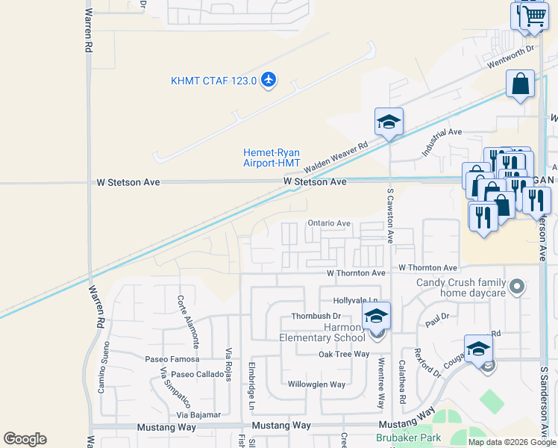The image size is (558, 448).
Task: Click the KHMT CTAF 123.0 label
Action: tap(213, 81)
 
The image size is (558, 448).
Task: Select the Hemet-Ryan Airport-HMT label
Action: tap(272, 158)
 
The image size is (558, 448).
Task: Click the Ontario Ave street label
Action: tap(329, 223)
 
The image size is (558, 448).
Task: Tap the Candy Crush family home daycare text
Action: tap(460, 287)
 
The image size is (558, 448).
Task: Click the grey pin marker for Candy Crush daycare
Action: tap(515, 286)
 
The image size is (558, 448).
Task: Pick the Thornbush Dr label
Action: tap(316, 317)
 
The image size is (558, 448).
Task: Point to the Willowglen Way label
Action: tap(317, 385)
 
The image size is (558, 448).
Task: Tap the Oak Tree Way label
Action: tap(344, 354)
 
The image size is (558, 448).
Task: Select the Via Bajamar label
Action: tap(200, 414)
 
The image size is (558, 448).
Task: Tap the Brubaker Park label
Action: tap(408, 438)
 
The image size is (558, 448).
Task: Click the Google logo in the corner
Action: tap(25, 439)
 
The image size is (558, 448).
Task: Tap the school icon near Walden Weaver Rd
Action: tap(389, 122)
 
